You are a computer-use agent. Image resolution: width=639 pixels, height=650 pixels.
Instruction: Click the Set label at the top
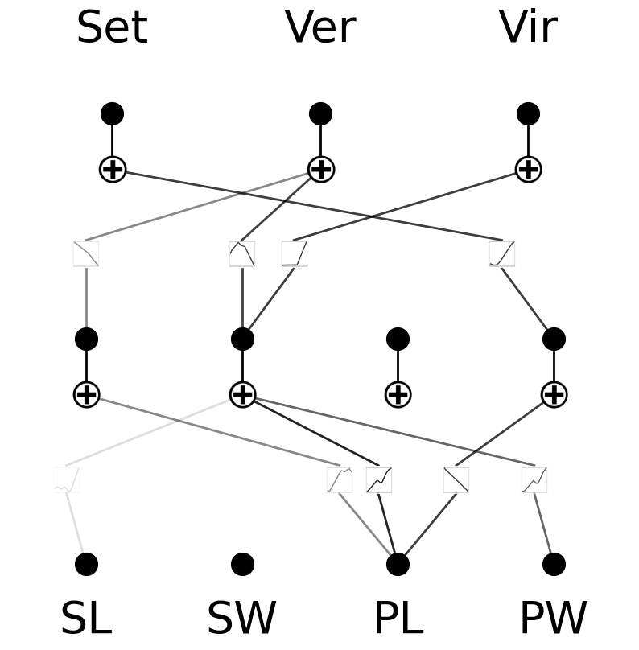(112, 28)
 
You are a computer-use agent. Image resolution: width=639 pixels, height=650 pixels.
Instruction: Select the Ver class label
(320, 28)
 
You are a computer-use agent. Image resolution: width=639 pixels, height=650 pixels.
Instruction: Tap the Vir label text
(528, 28)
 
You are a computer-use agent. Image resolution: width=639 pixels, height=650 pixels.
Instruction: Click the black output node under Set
(113, 113)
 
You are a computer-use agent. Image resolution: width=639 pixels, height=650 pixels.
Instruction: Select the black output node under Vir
(528, 113)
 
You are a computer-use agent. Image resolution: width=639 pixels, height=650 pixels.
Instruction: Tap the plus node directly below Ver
(320, 169)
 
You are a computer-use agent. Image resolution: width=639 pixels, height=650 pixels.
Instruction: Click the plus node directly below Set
(113, 169)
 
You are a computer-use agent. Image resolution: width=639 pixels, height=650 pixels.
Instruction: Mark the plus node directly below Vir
(528, 169)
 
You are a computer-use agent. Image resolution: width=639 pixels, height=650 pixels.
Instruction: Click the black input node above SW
(242, 564)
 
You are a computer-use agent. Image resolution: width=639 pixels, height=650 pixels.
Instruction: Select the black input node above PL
(398, 564)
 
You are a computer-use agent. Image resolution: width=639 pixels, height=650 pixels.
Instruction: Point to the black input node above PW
(554, 564)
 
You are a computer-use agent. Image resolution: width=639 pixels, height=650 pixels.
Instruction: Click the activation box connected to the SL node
(67, 479)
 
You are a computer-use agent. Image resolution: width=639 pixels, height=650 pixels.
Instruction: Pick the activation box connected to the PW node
(534, 479)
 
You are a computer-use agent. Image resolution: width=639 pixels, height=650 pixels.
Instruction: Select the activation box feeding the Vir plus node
(295, 253)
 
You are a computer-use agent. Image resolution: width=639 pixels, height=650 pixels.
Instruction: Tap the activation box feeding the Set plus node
(502, 253)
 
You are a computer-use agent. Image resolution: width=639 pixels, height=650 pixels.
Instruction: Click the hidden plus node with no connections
(398, 394)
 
